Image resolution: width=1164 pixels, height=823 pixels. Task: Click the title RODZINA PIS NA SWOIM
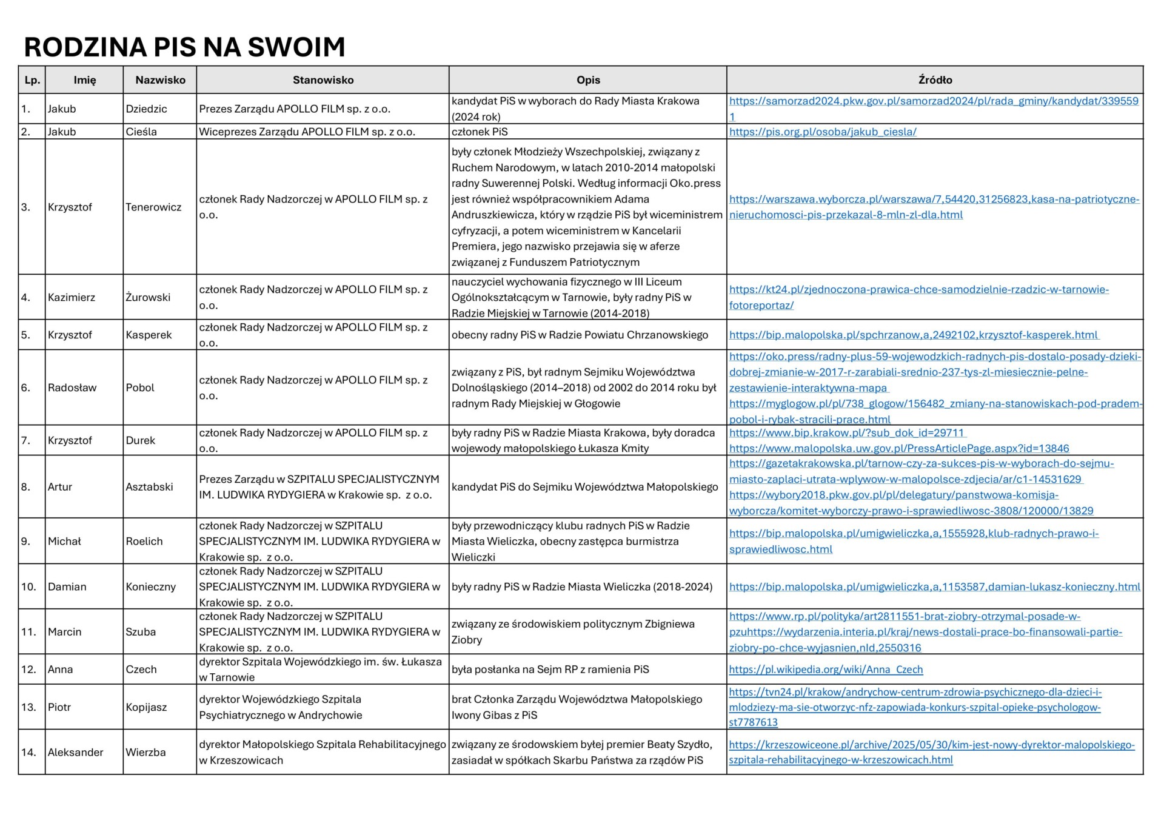(x=184, y=47)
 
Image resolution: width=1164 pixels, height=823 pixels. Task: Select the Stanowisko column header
(x=323, y=80)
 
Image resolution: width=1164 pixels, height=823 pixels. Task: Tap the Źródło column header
(x=935, y=80)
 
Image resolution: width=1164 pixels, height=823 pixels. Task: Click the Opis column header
(x=588, y=80)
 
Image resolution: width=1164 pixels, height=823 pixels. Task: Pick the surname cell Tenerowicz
(x=153, y=207)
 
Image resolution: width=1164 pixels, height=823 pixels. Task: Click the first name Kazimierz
(x=72, y=297)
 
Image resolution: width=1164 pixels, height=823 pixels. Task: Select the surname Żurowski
(x=148, y=297)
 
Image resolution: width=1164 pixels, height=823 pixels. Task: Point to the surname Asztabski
(x=149, y=486)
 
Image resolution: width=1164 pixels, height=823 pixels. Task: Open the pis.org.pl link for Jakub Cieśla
(x=823, y=132)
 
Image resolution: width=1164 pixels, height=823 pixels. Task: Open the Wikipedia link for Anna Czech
(x=826, y=670)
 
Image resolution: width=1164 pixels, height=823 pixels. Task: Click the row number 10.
(x=28, y=586)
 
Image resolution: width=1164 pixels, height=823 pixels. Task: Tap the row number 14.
(x=28, y=752)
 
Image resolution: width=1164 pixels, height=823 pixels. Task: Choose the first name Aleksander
(x=75, y=752)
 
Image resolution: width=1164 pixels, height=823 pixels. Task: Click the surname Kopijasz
(x=146, y=707)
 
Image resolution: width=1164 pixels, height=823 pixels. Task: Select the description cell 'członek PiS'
(x=480, y=132)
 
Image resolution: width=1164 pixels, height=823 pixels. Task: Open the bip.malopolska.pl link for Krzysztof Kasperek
(x=914, y=335)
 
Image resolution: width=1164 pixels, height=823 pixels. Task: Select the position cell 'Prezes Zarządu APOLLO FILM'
(x=295, y=109)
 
